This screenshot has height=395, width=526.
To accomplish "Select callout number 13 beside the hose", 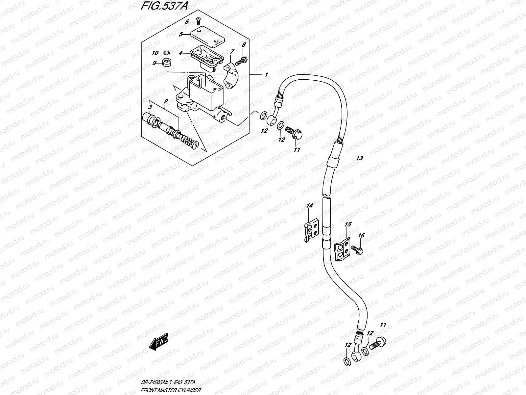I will (359, 158).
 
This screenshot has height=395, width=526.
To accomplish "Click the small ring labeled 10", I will (167, 53).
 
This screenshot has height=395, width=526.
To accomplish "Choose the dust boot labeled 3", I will (150, 118).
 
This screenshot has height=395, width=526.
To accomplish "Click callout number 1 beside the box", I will (266, 75).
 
